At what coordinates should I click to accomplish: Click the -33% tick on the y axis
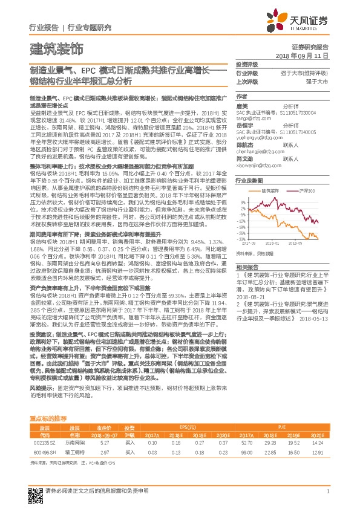242,239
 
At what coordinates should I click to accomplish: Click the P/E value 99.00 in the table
246,451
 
